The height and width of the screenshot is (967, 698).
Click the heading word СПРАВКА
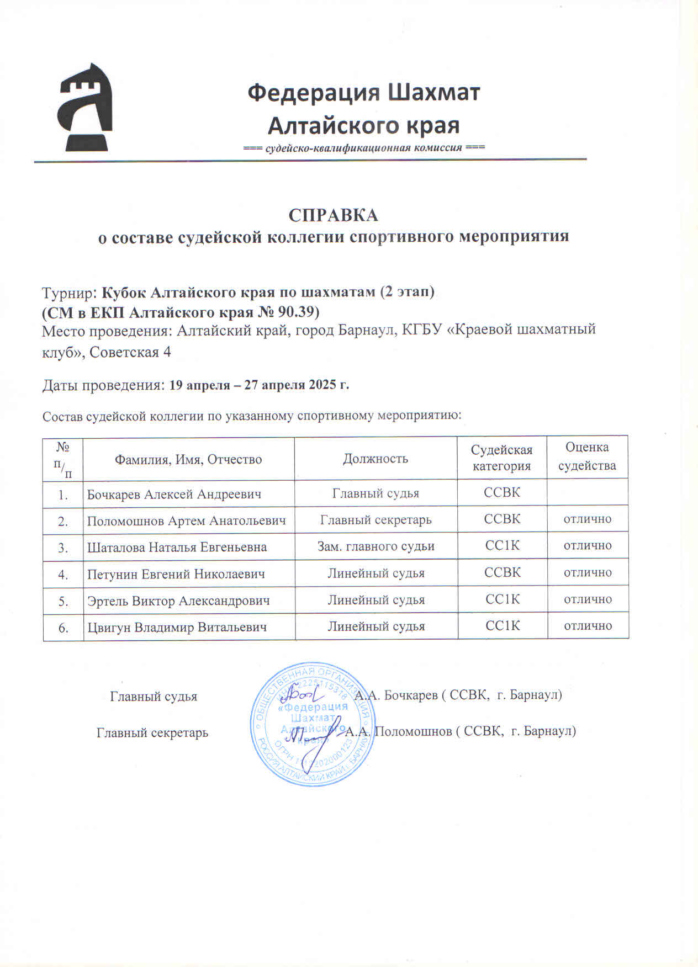click(x=333, y=215)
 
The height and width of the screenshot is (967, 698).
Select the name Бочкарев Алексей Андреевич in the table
click(x=174, y=494)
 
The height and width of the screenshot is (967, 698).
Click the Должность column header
click(x=376, y=459)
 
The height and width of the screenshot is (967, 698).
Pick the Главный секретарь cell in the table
click(x=376, y=520)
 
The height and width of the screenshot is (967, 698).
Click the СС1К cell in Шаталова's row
click(x=502, y=546)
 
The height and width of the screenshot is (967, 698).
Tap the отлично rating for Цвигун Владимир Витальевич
click(x=588, y=626)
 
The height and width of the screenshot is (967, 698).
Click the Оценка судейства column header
click(x=587, y=456)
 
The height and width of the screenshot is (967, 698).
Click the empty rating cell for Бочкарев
click(x=588, y=492)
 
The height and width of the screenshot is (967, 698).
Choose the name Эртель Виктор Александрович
click(x=178, y=601)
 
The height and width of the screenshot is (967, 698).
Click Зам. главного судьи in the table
click(x=376, y=546)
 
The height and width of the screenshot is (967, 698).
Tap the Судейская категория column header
click(x=501, y=458)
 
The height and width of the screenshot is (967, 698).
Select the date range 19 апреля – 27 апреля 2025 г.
click(x=259, y=385)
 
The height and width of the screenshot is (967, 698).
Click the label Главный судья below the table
click(x=154, y=697)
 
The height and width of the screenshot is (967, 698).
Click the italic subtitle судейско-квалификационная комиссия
click(x=364, y=148)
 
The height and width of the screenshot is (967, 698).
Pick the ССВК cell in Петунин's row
click(x=502, y=572)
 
